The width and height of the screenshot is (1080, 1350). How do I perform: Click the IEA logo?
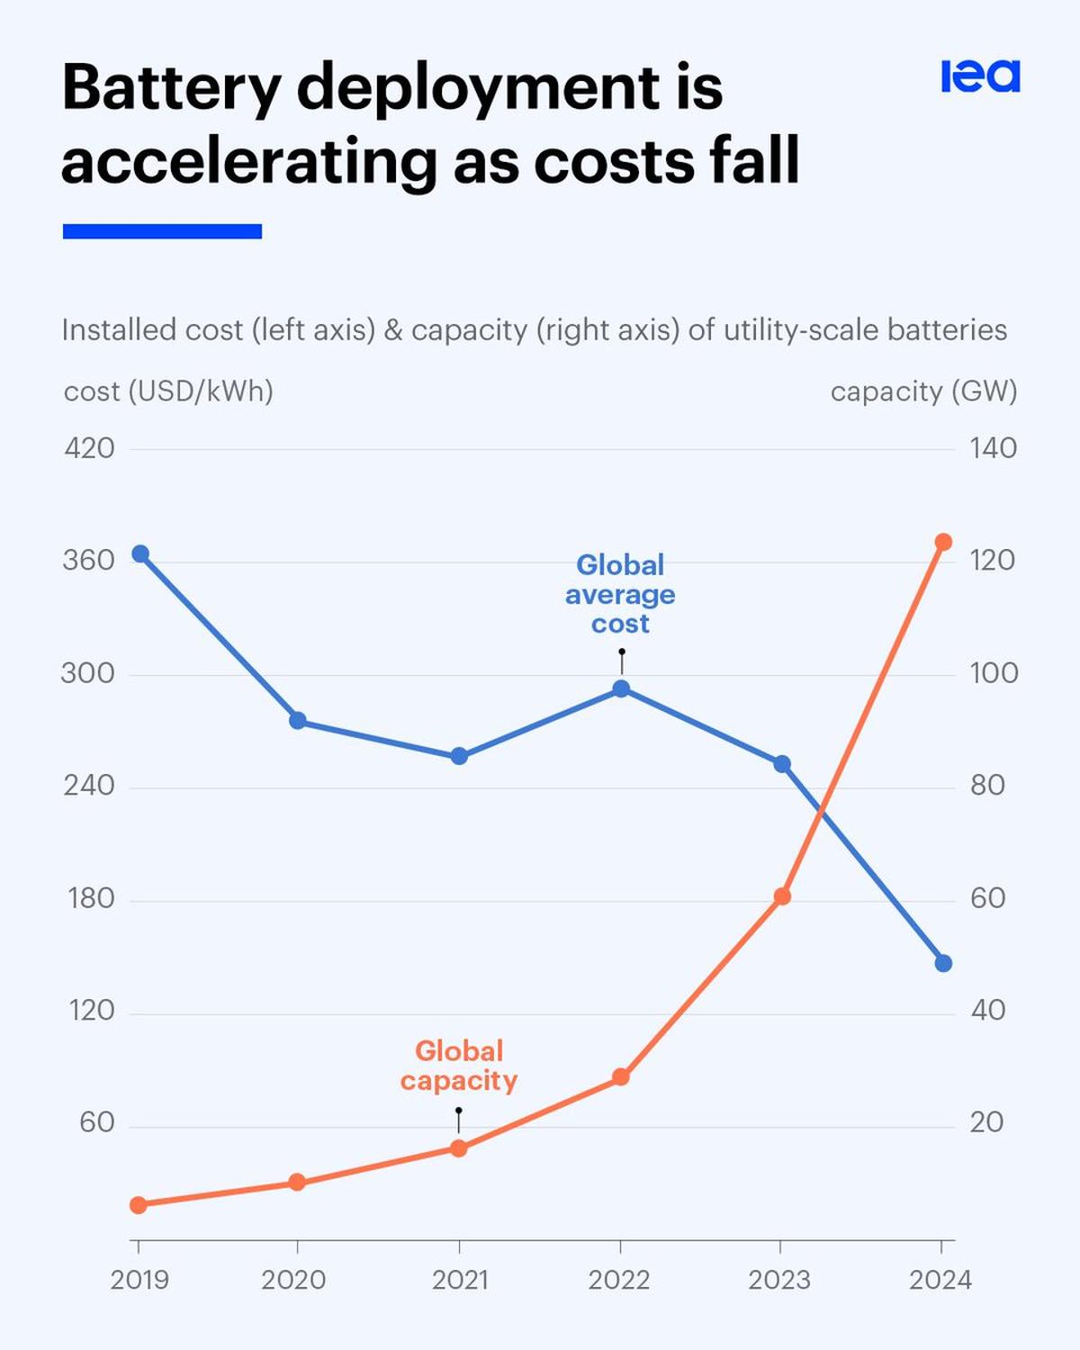coord(980,76)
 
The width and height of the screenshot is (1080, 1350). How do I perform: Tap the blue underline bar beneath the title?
coord(162,231)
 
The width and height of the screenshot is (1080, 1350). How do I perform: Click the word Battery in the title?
coord(171,88)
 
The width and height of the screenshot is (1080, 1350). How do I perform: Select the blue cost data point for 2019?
coord(140,554)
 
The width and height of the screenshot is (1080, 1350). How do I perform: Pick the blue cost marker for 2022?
coord(621,689)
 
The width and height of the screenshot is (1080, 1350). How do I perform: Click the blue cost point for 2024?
coord(943,963)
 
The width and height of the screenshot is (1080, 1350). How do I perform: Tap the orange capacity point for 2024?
coord(943,542)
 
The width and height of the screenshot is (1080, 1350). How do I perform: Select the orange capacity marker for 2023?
coord(782,896)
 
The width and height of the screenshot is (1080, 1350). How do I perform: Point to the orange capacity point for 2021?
coord(459,1148)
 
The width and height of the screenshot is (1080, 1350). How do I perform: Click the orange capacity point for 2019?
coord(139,1205)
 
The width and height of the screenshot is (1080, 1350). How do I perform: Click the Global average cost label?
coord(620,594)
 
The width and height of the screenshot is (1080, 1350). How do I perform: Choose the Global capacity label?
coord(459,1066)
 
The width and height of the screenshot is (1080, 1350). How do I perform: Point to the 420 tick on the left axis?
coord(89,448)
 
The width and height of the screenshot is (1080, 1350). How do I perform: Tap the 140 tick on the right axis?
coord(993,448)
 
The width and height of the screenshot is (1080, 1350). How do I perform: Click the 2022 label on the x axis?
coord(619,1280)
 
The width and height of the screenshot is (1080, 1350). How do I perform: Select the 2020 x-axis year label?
coord(293,1280)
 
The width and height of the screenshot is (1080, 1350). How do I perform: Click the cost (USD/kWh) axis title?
coord(168,391)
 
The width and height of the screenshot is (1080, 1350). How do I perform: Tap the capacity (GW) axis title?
coord(923,391)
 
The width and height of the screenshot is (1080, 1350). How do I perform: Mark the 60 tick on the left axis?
coord(96,1123)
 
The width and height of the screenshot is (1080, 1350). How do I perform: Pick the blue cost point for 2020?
coord(298,721)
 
